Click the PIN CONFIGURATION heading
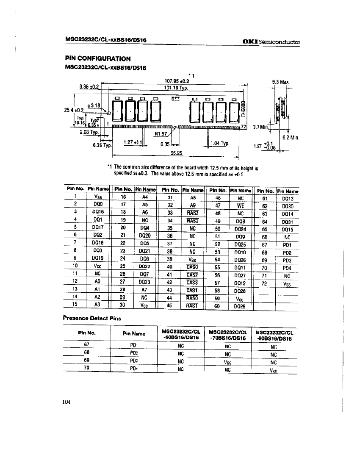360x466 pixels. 97,58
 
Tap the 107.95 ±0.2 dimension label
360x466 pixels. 176,80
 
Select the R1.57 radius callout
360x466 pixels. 161,134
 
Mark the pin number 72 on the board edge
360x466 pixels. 244,126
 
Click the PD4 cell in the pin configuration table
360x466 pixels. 287,268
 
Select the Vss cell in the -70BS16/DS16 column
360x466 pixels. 227,362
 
